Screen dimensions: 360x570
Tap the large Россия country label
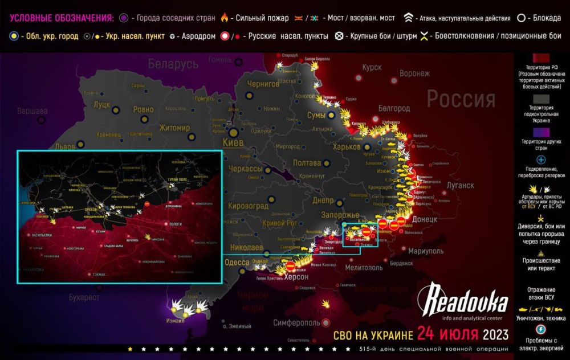click(461, 99)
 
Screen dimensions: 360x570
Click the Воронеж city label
click(414, 73)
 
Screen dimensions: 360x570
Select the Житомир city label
click(174, 128)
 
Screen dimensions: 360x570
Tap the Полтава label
click(307, 163)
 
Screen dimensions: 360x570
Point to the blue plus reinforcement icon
click(541, 160)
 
